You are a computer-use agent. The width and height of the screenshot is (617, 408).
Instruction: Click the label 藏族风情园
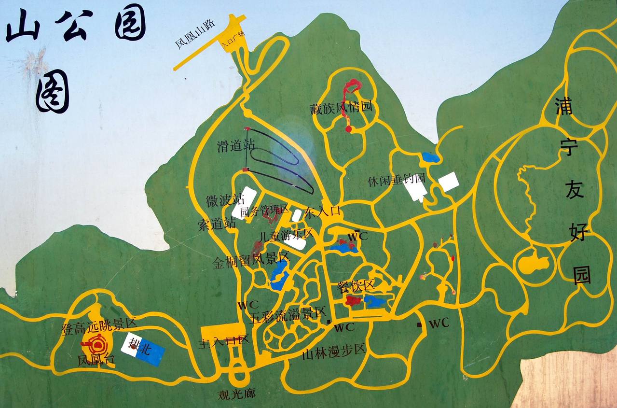coord(341,107)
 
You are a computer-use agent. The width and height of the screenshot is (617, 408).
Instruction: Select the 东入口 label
coord(323,211)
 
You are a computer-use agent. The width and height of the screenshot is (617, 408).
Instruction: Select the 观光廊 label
coord(236,394)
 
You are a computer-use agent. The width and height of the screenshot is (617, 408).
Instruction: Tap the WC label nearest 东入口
coord(358,236)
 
